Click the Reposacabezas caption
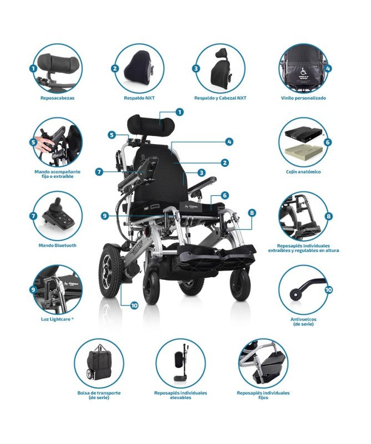57,98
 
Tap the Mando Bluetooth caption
57,245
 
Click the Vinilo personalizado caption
303,98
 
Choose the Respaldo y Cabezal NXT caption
220,98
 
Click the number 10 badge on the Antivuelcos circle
328,289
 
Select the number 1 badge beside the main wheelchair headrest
179,111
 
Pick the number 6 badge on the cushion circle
328,142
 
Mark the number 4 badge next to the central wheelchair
228,141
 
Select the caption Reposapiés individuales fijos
263,395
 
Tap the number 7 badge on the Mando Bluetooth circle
33,215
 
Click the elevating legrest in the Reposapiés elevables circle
181,366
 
